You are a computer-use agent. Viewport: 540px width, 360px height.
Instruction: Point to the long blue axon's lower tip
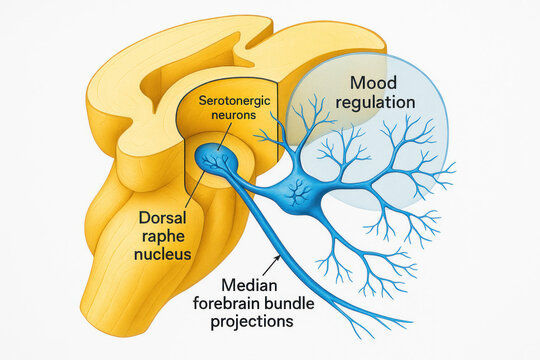pyautogui.click(x=408, y=323)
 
